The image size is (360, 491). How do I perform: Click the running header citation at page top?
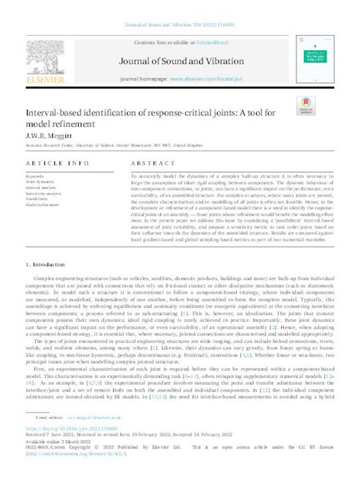pyautogui.click(x=179, y=7)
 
